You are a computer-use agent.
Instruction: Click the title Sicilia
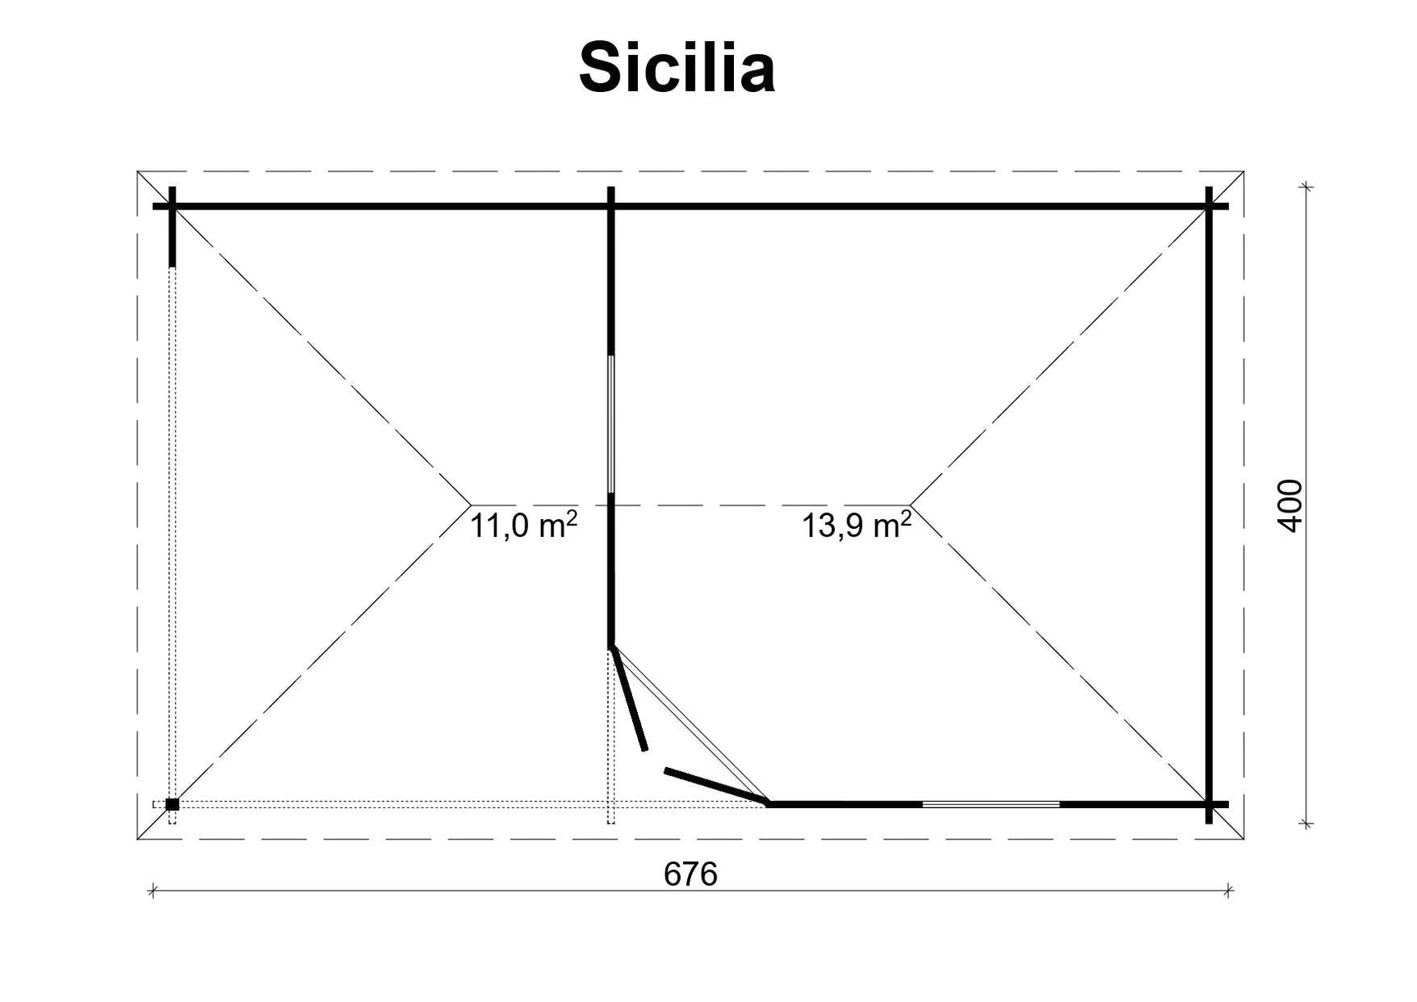676,69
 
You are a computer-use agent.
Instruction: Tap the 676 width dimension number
690,875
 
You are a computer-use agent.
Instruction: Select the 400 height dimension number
1291,505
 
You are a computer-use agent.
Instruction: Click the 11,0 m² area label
523,525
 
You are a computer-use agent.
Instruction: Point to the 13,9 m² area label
855,525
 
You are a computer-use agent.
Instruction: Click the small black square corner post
172,804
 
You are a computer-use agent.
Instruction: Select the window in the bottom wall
991,804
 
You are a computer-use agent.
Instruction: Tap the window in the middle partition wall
611,423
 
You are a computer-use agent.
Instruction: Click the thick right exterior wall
1208,505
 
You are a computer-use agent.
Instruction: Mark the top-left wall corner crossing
172,206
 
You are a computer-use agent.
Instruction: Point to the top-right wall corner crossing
1208,206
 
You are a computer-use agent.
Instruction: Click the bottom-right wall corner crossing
1208,804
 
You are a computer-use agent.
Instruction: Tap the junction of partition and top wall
611,206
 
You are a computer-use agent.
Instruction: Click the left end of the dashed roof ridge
471,503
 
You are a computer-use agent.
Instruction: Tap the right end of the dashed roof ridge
910,503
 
